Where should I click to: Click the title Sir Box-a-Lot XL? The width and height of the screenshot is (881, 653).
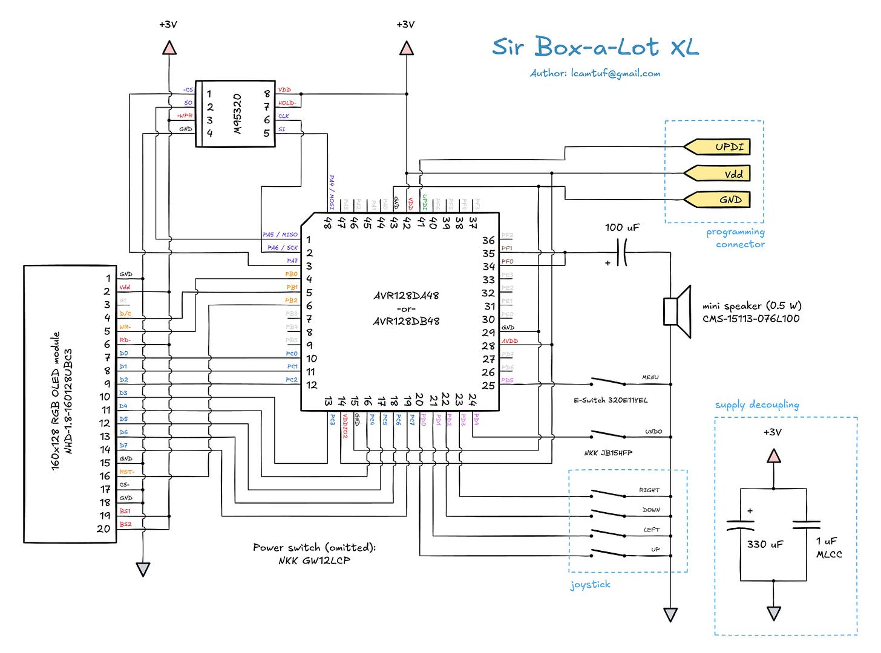[x=595, y=47]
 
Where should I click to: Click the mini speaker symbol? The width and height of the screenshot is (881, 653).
[x=678, y=311]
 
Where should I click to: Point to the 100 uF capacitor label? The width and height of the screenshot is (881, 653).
[x=622, y=227]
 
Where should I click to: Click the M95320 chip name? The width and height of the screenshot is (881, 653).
[x=237, y=114]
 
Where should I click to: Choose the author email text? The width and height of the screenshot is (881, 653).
[x=595, y=73]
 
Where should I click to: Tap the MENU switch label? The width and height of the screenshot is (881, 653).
[x=650, y=377]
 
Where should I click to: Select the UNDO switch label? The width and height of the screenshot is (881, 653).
[x=653, y=432]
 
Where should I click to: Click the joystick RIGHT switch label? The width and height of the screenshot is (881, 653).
[x=649, y=490]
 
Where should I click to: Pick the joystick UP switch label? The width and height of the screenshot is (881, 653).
[x=655, y=550]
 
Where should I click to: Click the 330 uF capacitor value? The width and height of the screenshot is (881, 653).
[x=765, y=544]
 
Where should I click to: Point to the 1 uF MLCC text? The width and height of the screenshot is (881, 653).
[x=828, y=547]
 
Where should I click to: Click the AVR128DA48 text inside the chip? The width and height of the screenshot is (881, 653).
[x=406, y=296]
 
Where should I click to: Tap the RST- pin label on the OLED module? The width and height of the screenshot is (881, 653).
[x=126, y=472]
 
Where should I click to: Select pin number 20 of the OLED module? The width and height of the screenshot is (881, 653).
[x=103, y=528]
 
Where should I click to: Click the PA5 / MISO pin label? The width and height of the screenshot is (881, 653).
[x=280, y=235]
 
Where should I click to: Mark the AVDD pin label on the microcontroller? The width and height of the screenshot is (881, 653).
[x=509, y=341]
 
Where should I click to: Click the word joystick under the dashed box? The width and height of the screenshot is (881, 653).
[x=590, y=585]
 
